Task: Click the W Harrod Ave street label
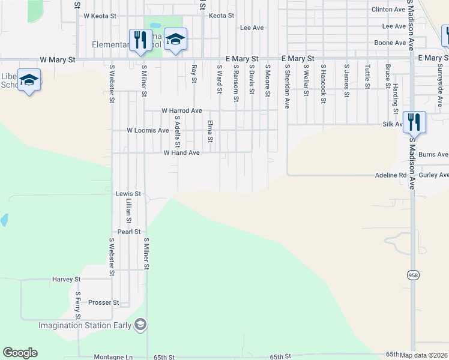pos(182,111)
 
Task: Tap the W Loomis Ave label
pos(148,130)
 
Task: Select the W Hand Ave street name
pos(181,153)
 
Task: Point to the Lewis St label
pos(128,194)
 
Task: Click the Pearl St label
pos(128,232)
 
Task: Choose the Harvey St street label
pos(66,280)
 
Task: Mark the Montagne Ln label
pos(113,357)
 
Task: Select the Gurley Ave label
pos(435,175)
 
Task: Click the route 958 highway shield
pos(413,275)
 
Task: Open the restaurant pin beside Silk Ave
pos(414,122)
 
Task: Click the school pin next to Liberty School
pos(29,80)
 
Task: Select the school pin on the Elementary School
pos(175,40)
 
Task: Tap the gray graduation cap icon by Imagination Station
pos(140,325)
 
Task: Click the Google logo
pos(20,353)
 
